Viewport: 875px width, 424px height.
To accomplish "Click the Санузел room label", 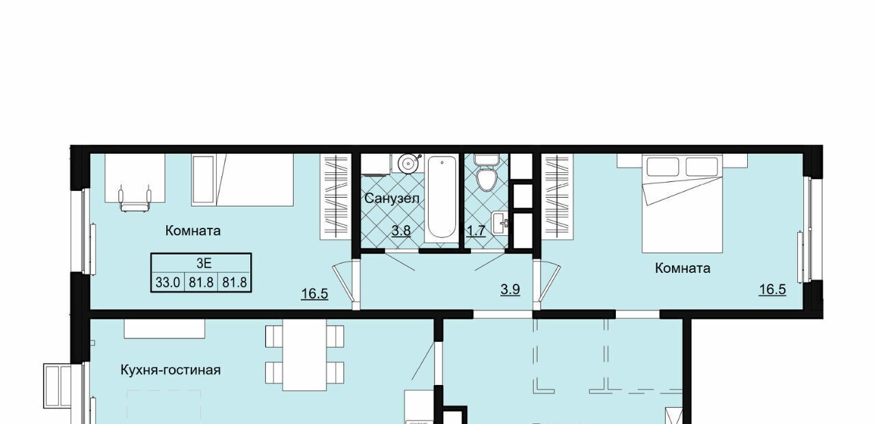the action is coord(392,198).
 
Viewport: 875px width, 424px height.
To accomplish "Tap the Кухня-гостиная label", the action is coord(170,370).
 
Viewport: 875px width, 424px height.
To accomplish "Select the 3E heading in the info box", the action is coord(204,263).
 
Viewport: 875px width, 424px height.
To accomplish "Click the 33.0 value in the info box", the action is coord(167,282).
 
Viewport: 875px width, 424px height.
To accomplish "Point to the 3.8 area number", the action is coord(401,230).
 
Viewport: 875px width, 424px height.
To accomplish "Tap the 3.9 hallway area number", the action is coord(510,289).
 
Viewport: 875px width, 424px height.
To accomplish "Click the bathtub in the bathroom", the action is coord(442,198).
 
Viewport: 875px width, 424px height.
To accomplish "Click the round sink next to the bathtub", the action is coord(408,163).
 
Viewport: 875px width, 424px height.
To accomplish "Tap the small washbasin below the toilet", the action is coord(500,223).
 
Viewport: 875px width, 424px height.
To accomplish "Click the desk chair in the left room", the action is coord(135,199).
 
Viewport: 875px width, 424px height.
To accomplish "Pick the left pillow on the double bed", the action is coord(662,167).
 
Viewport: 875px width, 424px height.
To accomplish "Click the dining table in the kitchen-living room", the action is coord(305,355).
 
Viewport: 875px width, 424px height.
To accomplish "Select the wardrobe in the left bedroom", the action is coord(336,196).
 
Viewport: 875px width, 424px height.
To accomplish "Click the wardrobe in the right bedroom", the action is coord(558,196).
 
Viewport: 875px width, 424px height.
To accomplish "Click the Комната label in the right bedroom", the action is coord(682,269).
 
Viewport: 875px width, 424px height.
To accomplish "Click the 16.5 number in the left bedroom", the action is coord(314,293).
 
